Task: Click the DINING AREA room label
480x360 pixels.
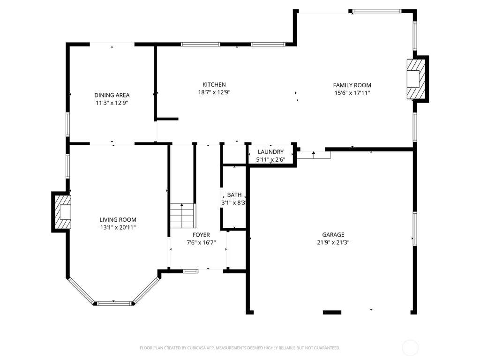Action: click(x=112, y=95)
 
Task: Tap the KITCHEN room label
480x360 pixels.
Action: click(x=214, y=84)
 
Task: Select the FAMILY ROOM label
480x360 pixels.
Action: click(x=352, y=85)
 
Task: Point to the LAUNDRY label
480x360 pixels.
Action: click(x=270, y=151)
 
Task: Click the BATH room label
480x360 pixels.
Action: click(x=234, y=195)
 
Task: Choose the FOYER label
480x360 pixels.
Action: click(x=201, y=235)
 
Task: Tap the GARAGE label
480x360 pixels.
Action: click(x=333, y=234)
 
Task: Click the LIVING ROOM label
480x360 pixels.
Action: click(x=118, y=219)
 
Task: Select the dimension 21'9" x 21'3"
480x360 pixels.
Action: click(x=333, y=242)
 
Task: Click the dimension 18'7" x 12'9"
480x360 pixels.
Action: click(x=214, y=92)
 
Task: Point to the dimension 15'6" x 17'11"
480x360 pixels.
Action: click(x=352, y=93)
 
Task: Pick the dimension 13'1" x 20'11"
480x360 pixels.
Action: click(x=118, y=227)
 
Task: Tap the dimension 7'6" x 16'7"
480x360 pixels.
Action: click(x=201, y=242)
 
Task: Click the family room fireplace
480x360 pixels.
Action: click(x=416, y=79)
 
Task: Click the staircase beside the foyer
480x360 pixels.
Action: click(x=183, y=216)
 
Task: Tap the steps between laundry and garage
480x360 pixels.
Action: click(x=314, y=155)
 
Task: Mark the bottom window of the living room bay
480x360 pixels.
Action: click(x=113, y=304)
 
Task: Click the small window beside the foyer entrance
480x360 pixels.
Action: click(x=190, y=271)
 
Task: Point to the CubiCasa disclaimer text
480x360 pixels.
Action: click(x=240, y=348)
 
